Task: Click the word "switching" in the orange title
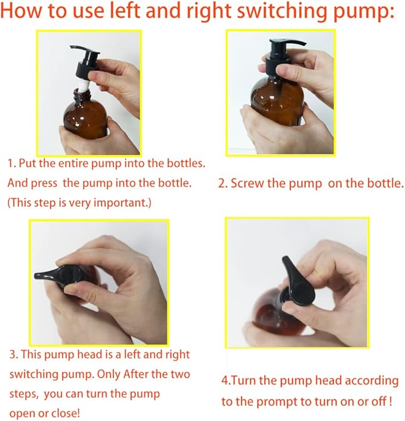pyautogui.click(x=279, y=11)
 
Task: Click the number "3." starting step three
pyautogui.click(x=14, y=355)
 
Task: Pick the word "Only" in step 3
pyautogui.click(x=109, y=374)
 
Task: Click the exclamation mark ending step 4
pyautogui.click(x=390, y=401)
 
